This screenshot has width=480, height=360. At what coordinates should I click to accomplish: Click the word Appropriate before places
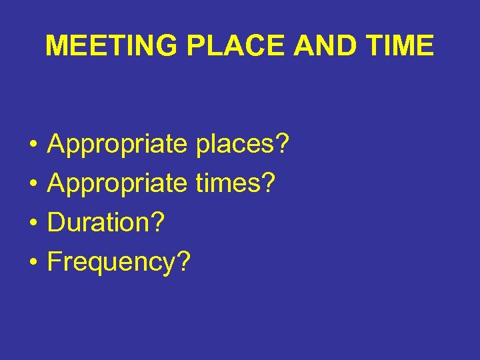tap(118, 145)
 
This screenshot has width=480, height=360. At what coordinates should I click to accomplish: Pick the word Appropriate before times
tap(118, 183)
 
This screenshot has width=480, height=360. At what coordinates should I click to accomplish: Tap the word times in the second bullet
tap(229, 183)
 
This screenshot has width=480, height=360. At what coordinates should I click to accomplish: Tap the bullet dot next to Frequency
tap(32, 263)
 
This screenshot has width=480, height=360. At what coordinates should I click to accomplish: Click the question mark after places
tap(282, 143)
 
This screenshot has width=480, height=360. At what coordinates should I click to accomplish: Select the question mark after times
tap(268, 183)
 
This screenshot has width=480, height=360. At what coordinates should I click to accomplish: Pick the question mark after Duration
tap(157, 222)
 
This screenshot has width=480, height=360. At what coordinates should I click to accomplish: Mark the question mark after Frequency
tap(183, 261)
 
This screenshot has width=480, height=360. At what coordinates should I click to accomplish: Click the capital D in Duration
tap(57, 223)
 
